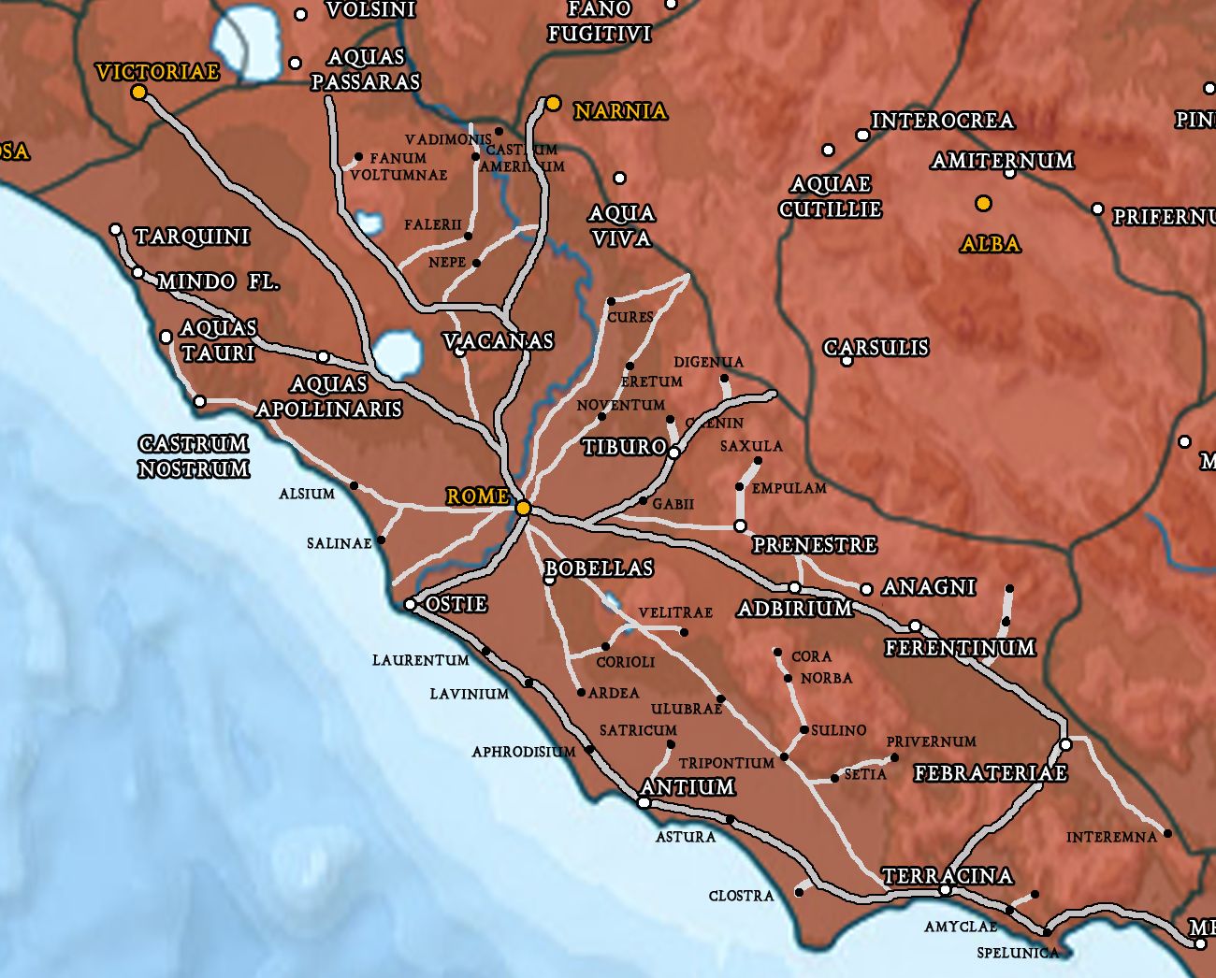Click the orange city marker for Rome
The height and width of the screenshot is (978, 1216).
pos(524,508)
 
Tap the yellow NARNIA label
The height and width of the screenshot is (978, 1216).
pos(620,111)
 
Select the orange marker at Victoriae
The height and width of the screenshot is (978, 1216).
pos(139,92)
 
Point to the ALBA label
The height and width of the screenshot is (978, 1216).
pos(990,244)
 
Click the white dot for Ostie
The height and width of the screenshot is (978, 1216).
pos(410,605)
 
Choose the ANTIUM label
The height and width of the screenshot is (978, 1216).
pos(688,787)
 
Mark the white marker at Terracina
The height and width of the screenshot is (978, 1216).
pos(945,890)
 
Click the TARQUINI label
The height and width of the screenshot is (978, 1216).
pos(192,237)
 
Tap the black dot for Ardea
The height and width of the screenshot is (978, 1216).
pos(581,693)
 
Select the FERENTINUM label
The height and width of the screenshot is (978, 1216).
pos(960,648)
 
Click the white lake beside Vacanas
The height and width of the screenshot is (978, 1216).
pos(397,353)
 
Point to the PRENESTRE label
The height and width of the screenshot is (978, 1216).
pos(815,544)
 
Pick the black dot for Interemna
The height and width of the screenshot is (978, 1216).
pos(1167,833)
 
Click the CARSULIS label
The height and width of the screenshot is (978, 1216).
pos(876,348)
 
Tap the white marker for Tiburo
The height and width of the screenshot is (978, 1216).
pos(673,453)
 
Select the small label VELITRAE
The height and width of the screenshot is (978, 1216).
pos(675,612)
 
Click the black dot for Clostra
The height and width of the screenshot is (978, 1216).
pos(799,892)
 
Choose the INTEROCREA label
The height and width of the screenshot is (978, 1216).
pos(942,121)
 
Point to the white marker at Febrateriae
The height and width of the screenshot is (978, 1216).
pos(1065,745)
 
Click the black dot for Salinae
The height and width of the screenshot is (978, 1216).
pos(381,540)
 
